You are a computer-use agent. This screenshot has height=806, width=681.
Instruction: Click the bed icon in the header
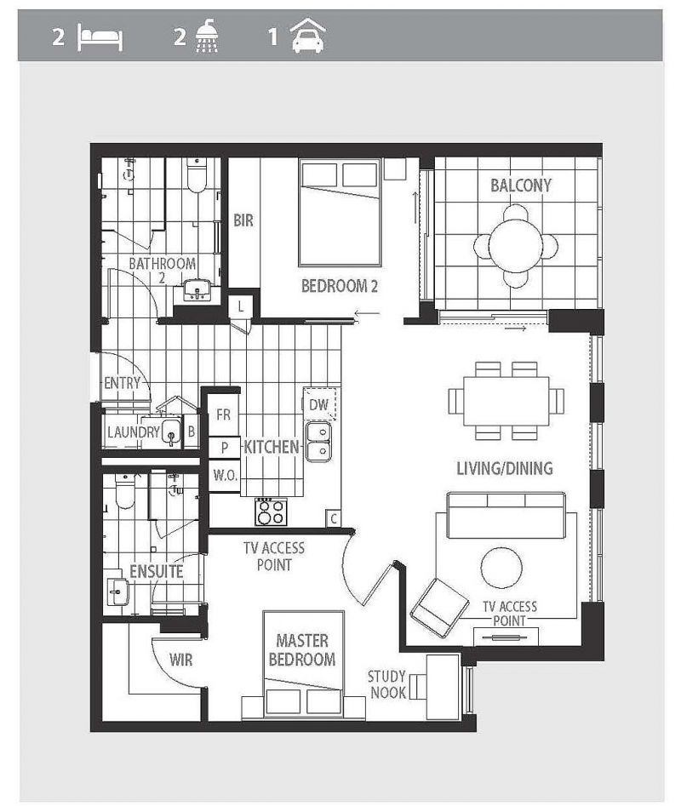100,39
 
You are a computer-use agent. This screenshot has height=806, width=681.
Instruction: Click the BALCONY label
520,186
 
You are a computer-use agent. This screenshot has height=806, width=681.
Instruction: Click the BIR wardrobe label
243,220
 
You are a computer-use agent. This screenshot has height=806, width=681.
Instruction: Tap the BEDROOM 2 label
339,286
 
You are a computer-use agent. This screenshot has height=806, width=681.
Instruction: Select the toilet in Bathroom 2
196,174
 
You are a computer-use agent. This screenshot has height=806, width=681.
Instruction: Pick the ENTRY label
122,383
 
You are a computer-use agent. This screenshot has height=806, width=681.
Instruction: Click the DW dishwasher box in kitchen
319,404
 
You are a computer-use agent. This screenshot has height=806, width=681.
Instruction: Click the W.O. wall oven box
225,475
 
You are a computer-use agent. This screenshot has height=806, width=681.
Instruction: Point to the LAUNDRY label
133,432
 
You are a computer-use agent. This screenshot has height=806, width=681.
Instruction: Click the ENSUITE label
156,571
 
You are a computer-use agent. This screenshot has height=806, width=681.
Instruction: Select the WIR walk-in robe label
181,659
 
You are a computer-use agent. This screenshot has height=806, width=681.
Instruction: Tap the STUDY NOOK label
386,684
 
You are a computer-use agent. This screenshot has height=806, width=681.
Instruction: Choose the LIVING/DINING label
504,468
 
